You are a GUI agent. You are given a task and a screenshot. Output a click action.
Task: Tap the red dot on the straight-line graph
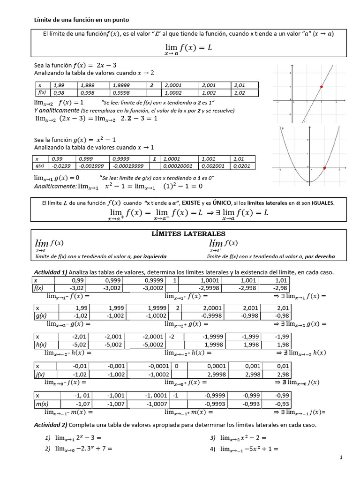point(321,87)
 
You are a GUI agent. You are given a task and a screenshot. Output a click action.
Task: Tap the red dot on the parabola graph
point(324,167)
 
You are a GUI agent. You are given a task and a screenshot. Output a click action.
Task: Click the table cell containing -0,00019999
point(128,166)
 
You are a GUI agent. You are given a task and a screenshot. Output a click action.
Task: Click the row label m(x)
point(43,404)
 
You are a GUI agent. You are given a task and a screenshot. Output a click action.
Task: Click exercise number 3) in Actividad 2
point(213,438)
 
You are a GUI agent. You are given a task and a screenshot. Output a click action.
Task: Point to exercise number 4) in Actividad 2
point(213,449)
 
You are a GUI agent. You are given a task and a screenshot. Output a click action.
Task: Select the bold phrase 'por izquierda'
point(150,256)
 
